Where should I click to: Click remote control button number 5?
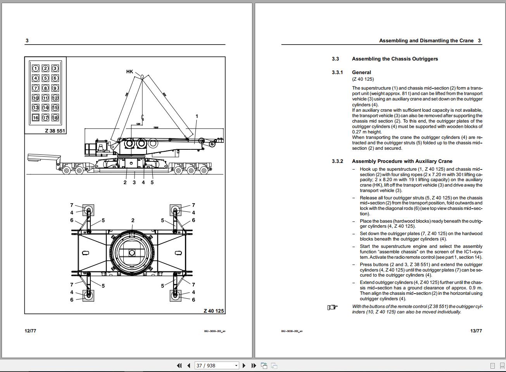(45, 78)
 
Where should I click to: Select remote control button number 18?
(55, 118)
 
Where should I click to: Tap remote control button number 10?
(36, 98)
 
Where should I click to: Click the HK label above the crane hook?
(130, 71)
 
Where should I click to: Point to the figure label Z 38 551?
(55, 131)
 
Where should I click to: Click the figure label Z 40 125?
(214, 311)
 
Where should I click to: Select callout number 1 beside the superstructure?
(197, 116)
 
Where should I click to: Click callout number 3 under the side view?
(134, 182)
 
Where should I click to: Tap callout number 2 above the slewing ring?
(133, 220)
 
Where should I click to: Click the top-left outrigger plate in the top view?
(88, 210)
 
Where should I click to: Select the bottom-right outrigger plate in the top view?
(175, 295)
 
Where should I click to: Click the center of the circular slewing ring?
(132, 253)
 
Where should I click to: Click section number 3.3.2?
(337, 161)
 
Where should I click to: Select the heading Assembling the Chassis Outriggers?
(395, 59)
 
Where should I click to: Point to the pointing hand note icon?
(332, 308)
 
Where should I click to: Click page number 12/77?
(30, 331)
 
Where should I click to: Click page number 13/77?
(476, 331)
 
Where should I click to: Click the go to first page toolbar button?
(179, 365)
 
